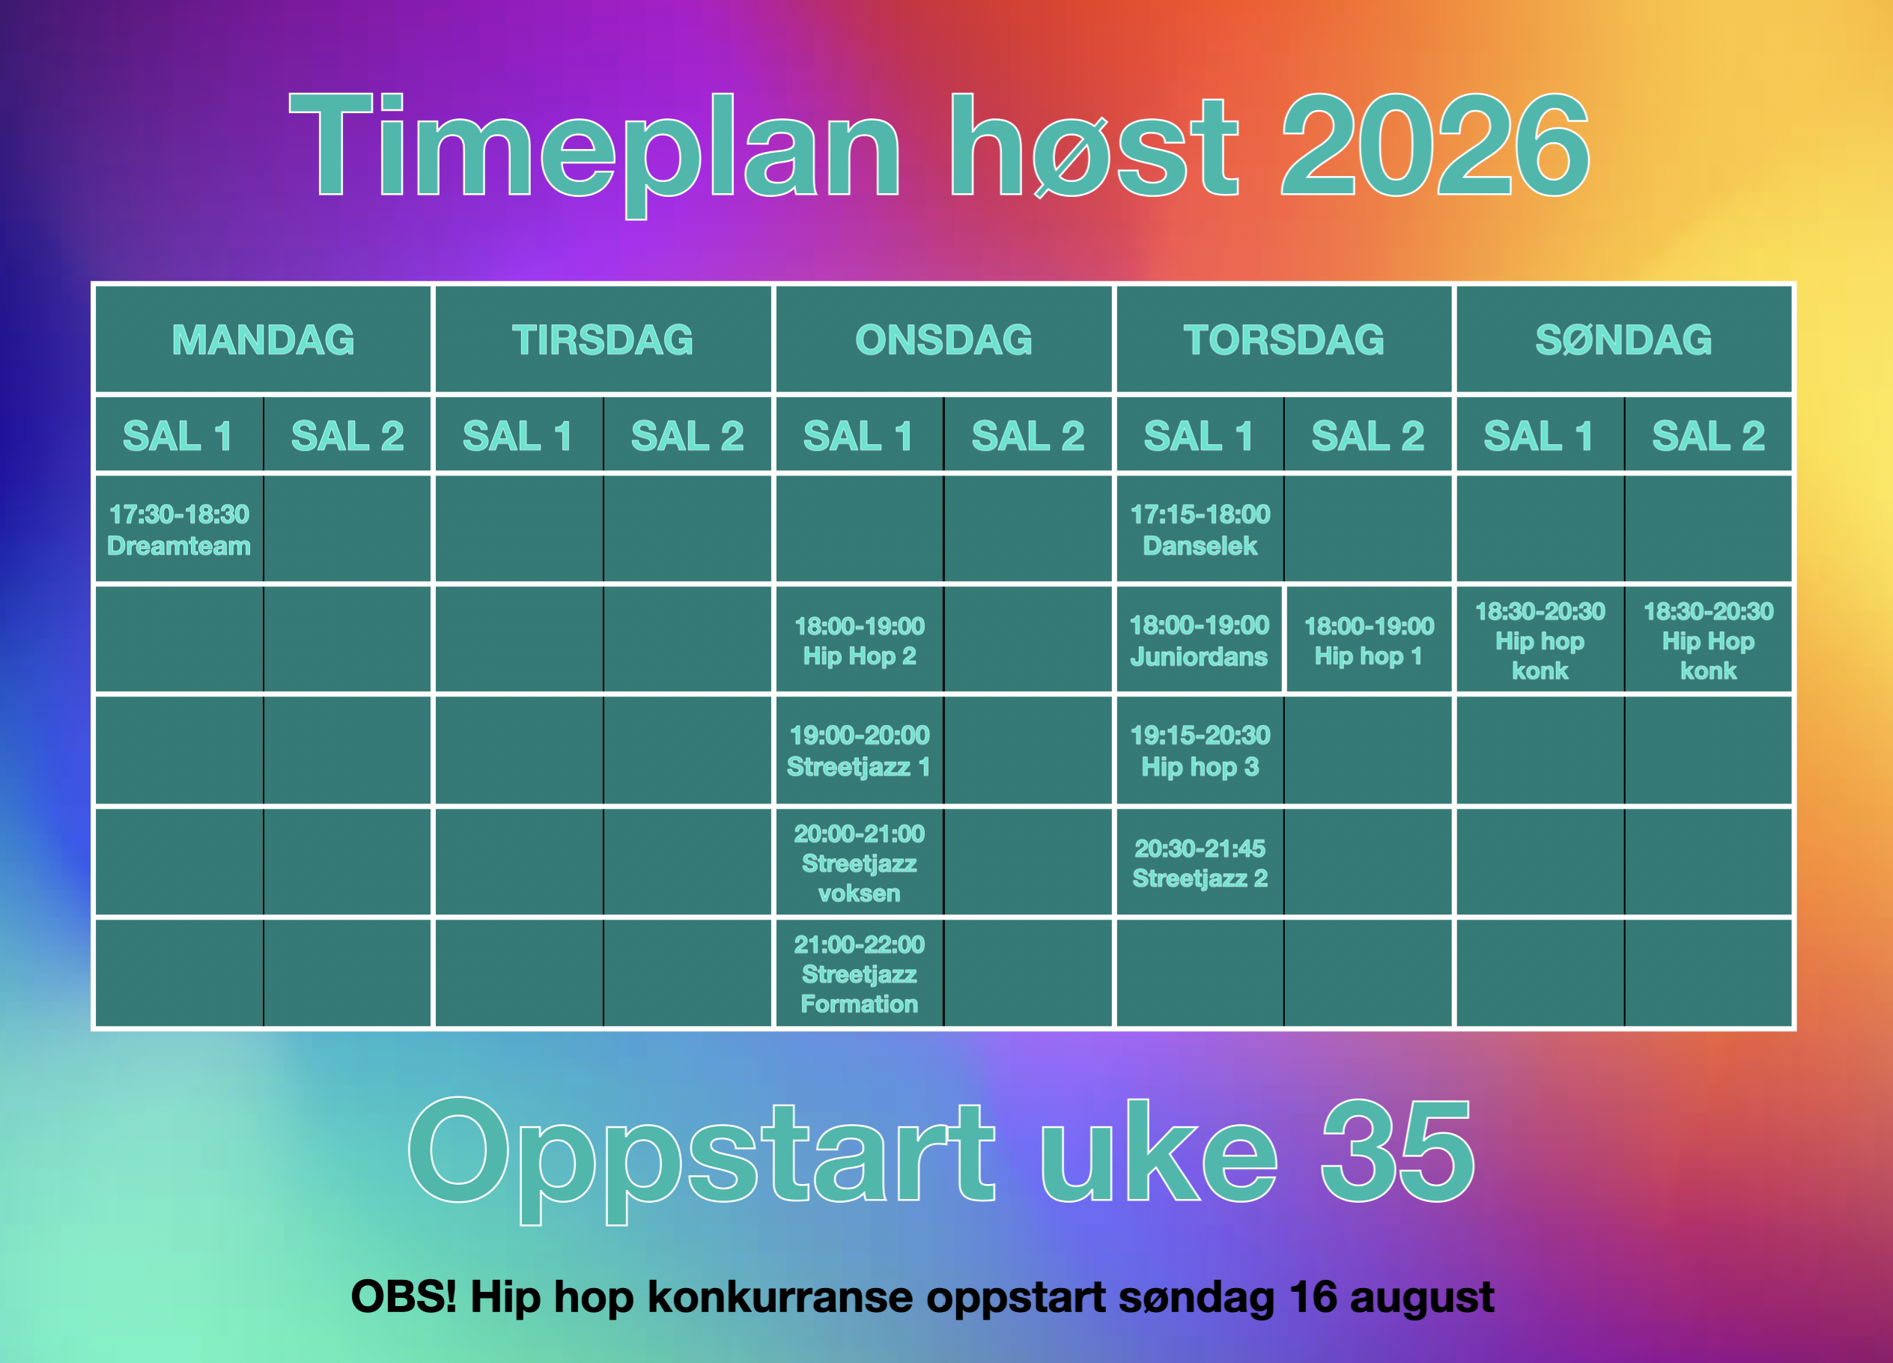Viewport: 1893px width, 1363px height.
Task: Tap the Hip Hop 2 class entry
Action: (860, 640)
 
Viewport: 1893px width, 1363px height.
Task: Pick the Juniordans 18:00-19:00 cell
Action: (1199, 640)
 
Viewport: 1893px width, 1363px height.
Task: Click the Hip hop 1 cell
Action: (1369, 640)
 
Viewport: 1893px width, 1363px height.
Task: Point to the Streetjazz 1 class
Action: (860, 750)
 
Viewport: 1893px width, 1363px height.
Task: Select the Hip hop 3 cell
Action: (1200, 750)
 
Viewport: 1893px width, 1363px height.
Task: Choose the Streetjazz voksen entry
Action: (860, 862)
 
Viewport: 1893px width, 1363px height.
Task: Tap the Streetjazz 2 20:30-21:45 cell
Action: (1200, 862)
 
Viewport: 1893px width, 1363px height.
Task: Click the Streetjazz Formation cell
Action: (860, 974)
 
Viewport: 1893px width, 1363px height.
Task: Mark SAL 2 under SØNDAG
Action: (1709, 436)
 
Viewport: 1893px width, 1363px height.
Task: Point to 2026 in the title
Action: (1435, 145)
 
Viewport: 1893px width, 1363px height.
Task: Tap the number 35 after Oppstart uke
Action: (1398, 1151)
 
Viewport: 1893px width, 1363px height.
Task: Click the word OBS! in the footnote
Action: (404, 1296)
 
